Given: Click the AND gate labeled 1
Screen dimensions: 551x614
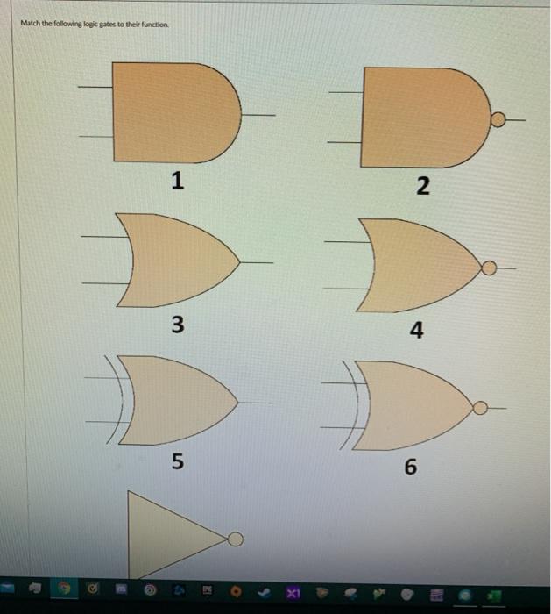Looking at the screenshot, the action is click(x=176, y=112).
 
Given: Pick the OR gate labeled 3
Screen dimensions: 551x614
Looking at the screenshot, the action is click(x=178, y=261).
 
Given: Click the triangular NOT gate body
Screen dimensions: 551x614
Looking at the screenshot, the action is click(x=176, y=535).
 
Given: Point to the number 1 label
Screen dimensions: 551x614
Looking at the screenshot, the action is click(x=178, y=181).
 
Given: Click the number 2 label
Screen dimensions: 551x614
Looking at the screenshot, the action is click(x=423, y=186).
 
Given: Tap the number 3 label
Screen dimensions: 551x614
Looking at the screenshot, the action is click(x=178, y=325).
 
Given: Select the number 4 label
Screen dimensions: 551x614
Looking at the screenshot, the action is click(x=416, y=330).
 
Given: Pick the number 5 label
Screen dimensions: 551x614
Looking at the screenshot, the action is click(x=178, y=460).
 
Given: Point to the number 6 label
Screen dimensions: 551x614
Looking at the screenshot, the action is click(x=411, y=467).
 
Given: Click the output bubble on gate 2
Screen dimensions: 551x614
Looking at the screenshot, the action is click(x=498, y=119).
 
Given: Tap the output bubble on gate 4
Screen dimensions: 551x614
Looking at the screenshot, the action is click(x=489, y=268).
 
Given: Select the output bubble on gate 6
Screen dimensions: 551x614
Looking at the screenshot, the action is click(x=480, y=408).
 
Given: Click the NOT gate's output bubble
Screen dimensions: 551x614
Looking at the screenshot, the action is click(x=235, y=539).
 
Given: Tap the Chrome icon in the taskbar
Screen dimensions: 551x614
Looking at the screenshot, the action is click(x=64, y=589).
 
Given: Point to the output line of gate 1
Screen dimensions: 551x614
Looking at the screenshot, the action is click(x=258, y=115).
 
